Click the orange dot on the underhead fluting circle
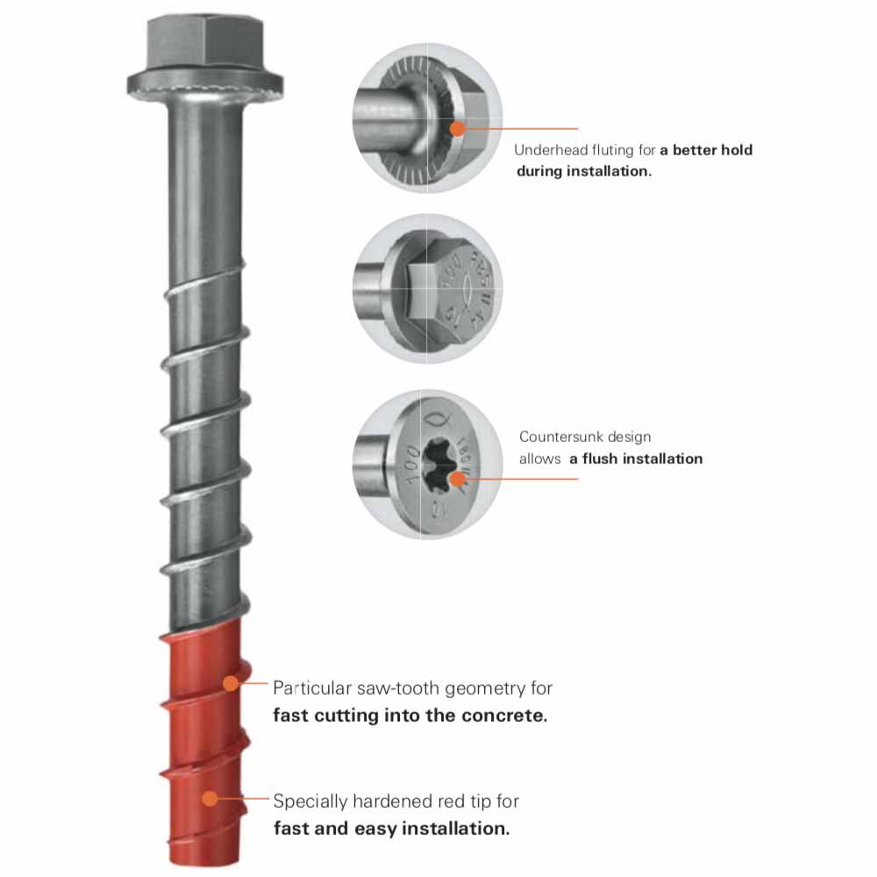click(x=457, y=129)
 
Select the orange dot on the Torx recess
click(x=457, y=479)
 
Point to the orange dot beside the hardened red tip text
click(x=210, y=798)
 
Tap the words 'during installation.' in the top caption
click(x=583, y=171)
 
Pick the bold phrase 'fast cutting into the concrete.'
click(x=410, y=715)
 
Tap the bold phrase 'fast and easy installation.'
click(x=391, y=827)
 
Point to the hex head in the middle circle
click(x=419, y=286)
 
